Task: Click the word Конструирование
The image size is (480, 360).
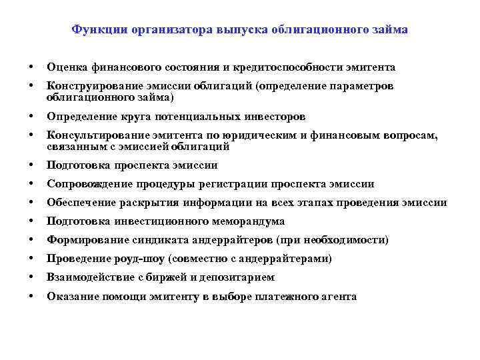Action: pos(89,87)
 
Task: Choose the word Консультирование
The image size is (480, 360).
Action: pos(91,136)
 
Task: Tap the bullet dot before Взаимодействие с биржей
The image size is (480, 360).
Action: pos(31,277)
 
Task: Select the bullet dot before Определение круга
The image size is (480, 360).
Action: pos(31,117)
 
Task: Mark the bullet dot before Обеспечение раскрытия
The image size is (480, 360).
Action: pos(31,203)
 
